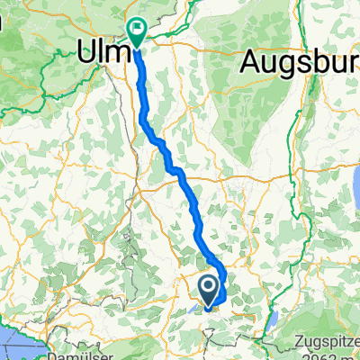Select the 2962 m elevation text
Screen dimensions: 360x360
tap(332, 355)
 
